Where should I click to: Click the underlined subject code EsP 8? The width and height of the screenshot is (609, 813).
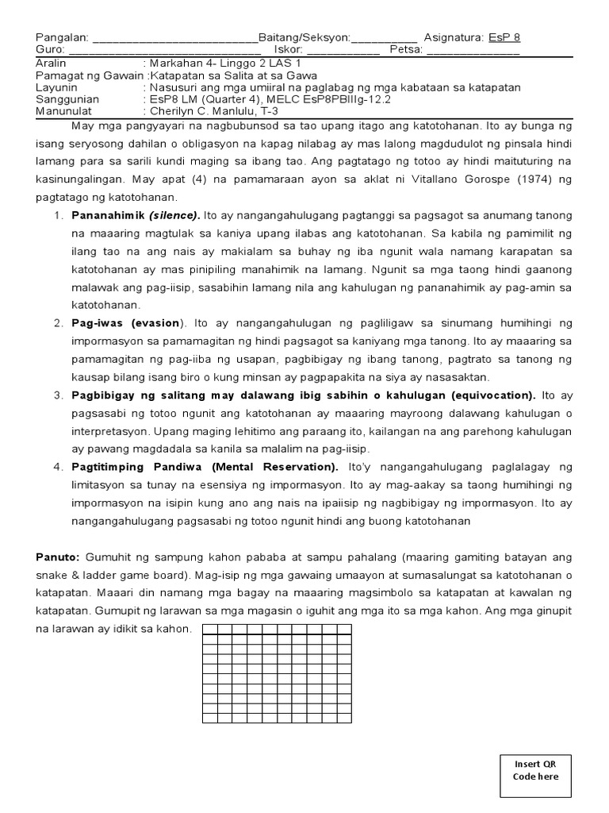pyautogui.click(x=504, y=37)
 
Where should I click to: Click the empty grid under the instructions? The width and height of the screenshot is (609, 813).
pyautogui.click(x=277, y=673)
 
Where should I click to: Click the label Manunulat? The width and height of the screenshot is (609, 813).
pyautogui.click(x=63, y=111)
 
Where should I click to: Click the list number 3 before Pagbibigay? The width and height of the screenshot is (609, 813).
pyautogui.click(x=58, y=395)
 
